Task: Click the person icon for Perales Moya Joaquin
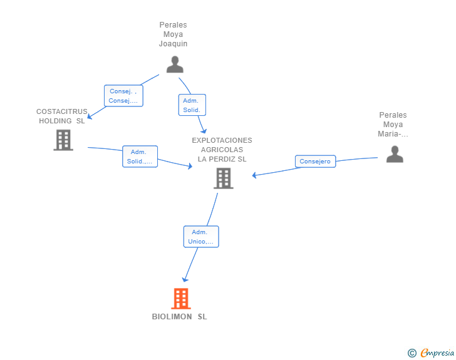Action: [x=175, y=64]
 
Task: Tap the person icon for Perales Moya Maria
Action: [x=395, y=154]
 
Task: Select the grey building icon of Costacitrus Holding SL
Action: [x=63, y=140]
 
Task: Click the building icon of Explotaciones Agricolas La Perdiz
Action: [x=223, y=178]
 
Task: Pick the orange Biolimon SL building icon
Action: [x=180, y=299]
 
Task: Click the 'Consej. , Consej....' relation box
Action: [x=123, y=96]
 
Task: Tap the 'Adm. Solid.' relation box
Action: [x=192, y=105]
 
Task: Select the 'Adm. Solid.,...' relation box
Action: [x=140, y=157]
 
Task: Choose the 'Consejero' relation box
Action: [x=315, y=162]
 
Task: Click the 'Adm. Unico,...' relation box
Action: [x=201, y=237]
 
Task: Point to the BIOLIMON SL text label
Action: [x=179, y=317]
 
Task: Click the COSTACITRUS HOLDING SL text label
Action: [x=61, y=116]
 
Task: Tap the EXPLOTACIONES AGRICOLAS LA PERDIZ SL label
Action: [x=222, y=150]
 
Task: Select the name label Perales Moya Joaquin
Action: [x=173, y=34]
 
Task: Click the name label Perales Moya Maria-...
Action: [x=393, y=125]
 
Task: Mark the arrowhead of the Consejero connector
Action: [x=254, y=175]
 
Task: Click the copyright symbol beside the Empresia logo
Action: [x=412, y=353]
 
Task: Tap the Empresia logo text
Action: [x=437, y=353]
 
